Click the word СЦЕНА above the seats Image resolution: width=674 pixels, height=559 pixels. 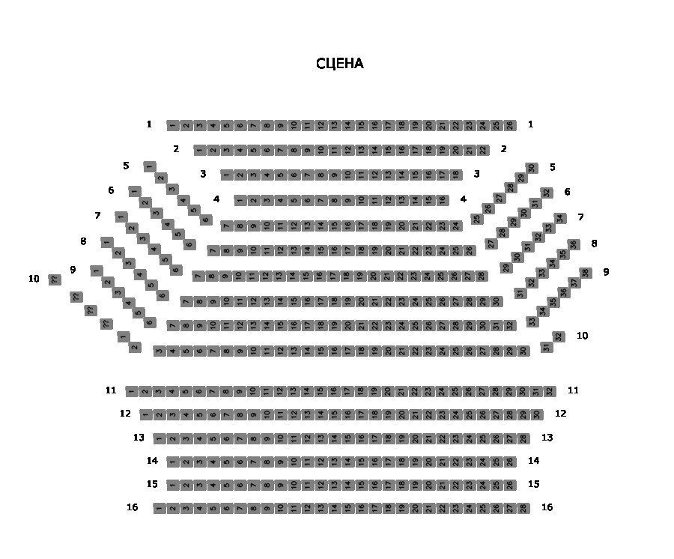click(340, 64)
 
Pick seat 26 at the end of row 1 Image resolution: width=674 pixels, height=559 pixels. click(510, 125)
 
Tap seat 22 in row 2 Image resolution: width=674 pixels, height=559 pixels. click(483, 150)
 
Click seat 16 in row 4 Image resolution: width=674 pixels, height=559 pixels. click(442, 200)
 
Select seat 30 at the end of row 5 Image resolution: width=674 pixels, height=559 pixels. click(532, 168)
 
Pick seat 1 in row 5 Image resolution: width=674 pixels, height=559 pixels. click(150, 166)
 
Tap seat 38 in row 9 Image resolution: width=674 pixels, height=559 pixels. click(586, 273)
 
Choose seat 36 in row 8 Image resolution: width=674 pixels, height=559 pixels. click(574, 244)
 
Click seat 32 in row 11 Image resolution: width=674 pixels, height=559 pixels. click(550, 391)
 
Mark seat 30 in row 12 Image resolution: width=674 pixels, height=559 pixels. click(536, 414)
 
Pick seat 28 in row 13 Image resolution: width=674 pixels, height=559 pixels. click(523, 438)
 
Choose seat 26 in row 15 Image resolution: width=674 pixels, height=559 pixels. click(510, 485)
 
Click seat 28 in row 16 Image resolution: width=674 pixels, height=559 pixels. click(523, 508)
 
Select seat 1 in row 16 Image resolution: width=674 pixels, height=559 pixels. click(160, 508)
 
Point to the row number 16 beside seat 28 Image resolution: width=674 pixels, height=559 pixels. click(547, 507)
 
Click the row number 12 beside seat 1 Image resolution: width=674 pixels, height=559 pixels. click(125, 414)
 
